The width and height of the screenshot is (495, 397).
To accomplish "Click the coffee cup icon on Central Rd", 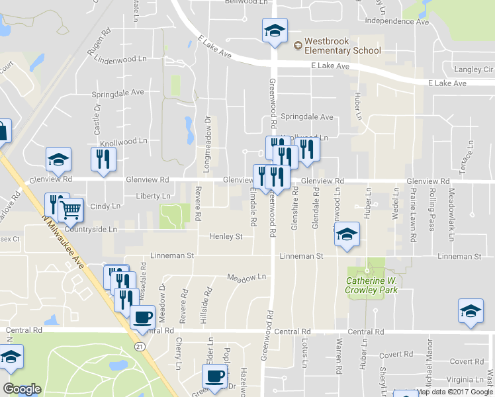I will pyautogui.click(x=142, y=316).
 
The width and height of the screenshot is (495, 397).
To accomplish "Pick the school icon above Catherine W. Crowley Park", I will pyautogui.click(x=346, y=234).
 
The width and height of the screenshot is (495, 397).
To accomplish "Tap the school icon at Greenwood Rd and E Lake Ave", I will pyautogui.click(x=275, y=30).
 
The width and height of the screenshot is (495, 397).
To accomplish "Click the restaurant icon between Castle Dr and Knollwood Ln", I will pyautogui.click(x=103, y=159).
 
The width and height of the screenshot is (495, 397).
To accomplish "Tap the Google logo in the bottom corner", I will pyautogui.click(x=21, y=388).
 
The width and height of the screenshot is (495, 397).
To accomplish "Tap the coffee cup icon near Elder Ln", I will pyautogui.click(x=213, y=376).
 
